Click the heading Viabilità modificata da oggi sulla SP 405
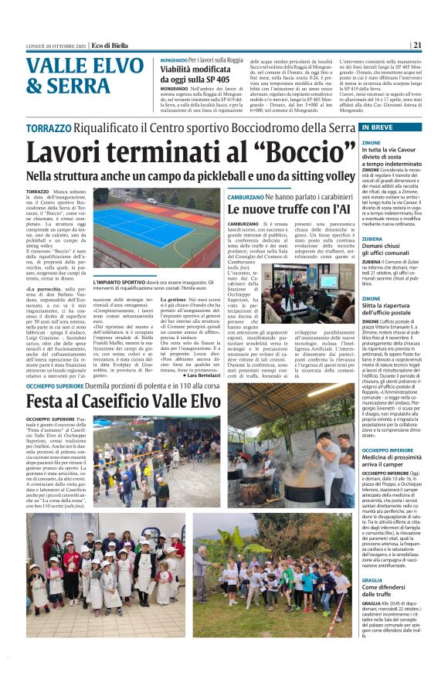pos(202,74)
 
